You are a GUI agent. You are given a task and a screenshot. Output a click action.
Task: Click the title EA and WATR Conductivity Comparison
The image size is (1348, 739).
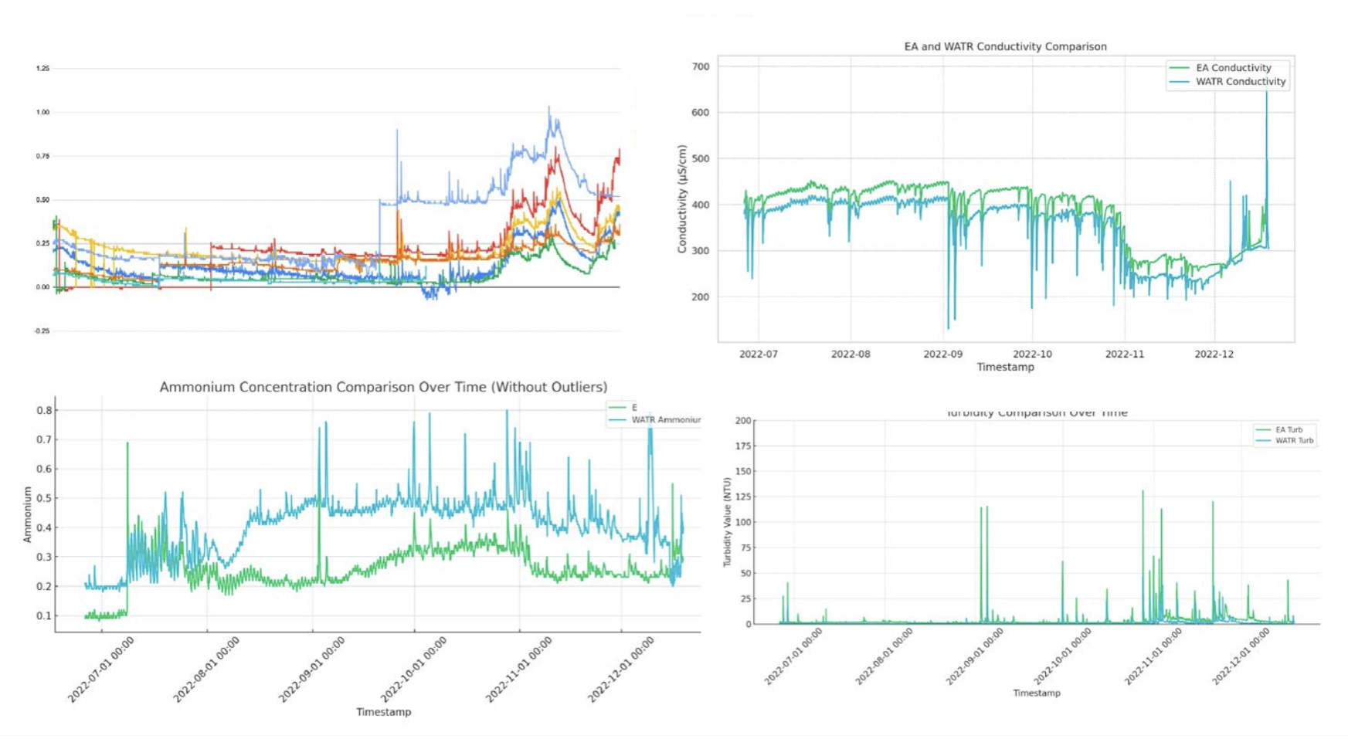(x=1005, y=46)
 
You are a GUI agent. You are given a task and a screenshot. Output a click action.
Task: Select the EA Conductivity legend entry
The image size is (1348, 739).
(x=1233, y=68)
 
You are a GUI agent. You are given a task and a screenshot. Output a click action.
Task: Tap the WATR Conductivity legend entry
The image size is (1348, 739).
(x=1240, y=82)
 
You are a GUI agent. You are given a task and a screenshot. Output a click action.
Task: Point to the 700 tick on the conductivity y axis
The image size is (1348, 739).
(x=701, y=67)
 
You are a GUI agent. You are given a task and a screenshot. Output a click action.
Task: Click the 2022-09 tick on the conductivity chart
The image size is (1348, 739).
(x=943, y=354)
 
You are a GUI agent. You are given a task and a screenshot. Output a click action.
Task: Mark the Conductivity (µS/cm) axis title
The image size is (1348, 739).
(x=682, y=199)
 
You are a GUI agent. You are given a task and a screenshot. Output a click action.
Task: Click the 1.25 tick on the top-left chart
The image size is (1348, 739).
(x=42, y=69)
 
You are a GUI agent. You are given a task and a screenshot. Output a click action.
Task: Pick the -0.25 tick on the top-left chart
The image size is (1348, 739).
(x=42, y=331)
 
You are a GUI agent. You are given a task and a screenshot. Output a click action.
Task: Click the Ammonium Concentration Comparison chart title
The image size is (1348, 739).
(x=383, y=387)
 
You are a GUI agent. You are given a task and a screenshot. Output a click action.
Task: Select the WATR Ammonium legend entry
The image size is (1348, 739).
(x=664, y=420)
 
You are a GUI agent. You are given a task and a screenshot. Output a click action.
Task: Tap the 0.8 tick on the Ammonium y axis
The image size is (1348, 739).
(x=45, y=410)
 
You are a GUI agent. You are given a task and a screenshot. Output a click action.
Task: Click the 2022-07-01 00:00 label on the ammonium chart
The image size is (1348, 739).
(x=101, y=670)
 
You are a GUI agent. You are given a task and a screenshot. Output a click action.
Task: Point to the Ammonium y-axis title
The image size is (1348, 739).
(x=28, y=514)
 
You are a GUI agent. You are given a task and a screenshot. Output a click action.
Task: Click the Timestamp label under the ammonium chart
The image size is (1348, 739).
(x=383, y=712)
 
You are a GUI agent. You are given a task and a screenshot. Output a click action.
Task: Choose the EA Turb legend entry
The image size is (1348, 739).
(x=1289, y=430)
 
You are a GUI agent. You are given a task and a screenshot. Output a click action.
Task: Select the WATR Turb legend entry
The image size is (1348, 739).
(x=1293, y=441)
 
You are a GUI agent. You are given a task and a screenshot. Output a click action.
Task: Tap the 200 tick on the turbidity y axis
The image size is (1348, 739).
(x=743, y=421)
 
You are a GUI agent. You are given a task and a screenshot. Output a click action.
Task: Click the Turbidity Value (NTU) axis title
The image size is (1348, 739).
(x=727, y=522)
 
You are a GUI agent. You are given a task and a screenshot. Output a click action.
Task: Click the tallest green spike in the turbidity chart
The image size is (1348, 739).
(x=1143, y=492)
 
